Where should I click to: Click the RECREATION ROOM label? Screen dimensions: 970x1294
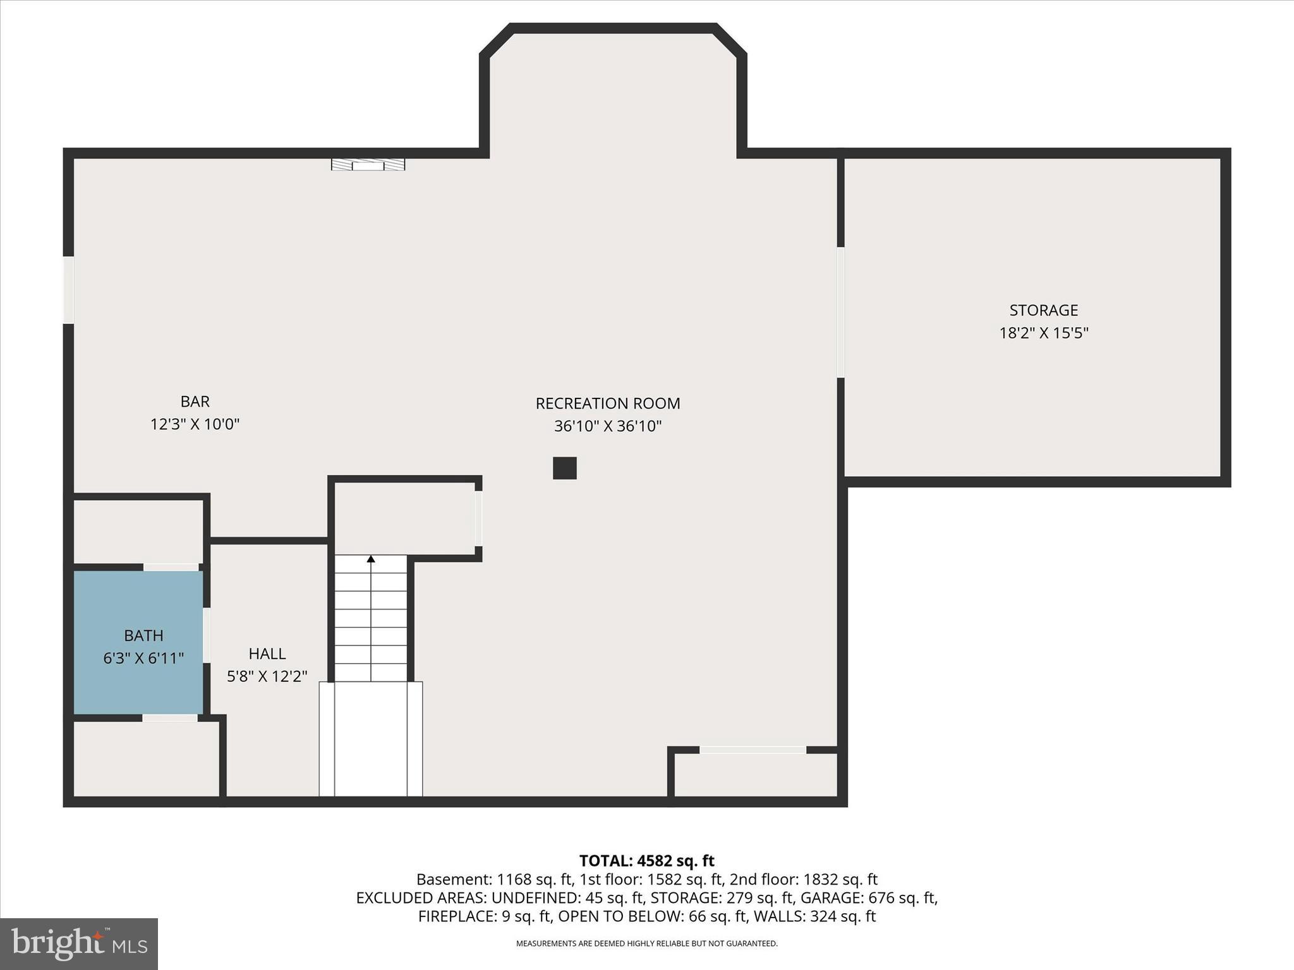tap(608, 404)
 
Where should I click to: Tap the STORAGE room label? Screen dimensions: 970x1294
tap(1043, 310)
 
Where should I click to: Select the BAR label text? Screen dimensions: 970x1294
tap(195, 402)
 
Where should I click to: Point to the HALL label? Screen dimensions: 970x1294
tap(267, 654)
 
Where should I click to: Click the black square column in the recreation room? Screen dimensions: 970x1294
tap(565, 468)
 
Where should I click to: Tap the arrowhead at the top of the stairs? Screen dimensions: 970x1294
tap(371, 559)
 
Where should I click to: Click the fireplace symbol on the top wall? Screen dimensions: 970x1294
tap(368, 164)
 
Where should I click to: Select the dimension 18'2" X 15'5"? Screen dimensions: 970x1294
tap(1043, 333)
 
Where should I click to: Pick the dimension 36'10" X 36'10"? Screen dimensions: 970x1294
tap(608, 426)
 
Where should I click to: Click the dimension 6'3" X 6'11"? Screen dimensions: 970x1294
tap(143, 659)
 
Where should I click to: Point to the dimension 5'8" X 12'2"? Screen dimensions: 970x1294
tap(267, 676)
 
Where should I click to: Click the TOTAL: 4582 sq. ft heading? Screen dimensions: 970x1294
tap(646, 861)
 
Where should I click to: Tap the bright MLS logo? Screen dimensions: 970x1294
tap(79, 943)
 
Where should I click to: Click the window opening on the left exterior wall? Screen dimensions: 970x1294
tap(68, 290)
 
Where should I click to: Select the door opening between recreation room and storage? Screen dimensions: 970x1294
tap(840, 312)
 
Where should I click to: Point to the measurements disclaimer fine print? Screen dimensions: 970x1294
tap(646, 943)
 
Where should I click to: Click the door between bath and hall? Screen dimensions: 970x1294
tap(206, 635)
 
